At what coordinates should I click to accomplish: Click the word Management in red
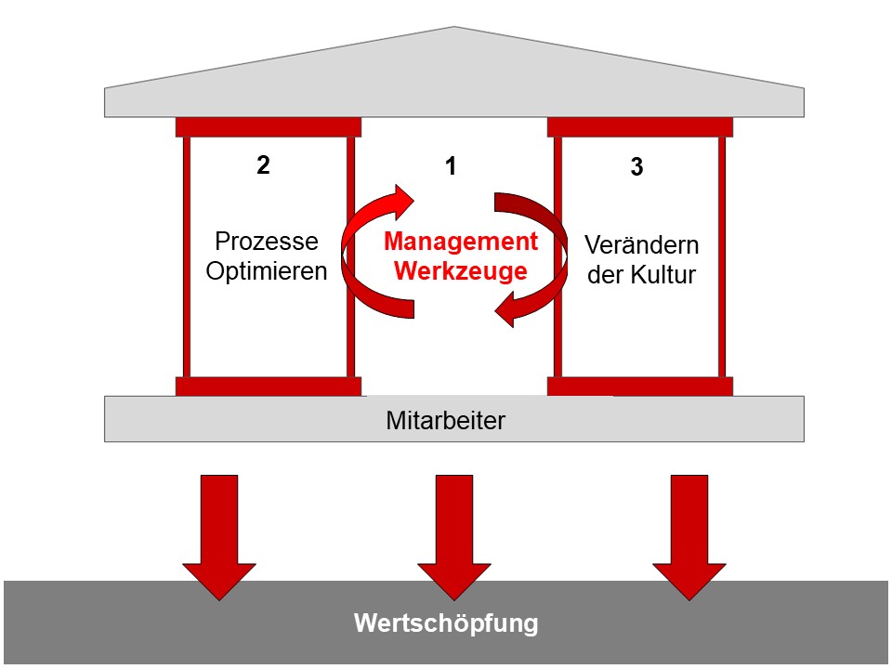[461, 243]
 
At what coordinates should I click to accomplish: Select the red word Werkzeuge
[461, 271]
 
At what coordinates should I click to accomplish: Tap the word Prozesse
[267, 243]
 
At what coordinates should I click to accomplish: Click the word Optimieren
[267, 272]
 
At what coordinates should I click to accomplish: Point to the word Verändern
[641, 246]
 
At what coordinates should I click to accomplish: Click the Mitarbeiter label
[445, 420]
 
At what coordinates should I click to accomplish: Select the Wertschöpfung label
[446, 623]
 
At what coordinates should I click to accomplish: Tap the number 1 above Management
[451, 167]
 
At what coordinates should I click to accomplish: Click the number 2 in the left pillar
[264, 165]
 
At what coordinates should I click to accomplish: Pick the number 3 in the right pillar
[636, 169]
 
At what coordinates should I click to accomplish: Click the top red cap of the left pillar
[268, 127]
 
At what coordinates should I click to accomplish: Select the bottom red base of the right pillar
[640, 387]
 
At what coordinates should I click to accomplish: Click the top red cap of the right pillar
[640, 127]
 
